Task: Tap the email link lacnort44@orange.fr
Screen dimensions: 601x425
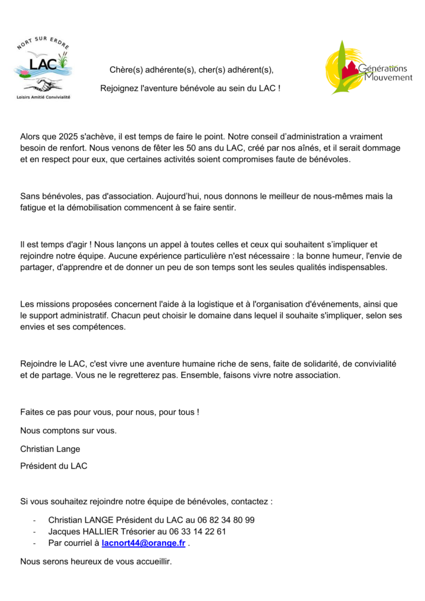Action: pyautogui.click(x=143, y=543)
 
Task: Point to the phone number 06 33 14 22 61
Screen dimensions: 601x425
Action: pyautogui.click(x=197, y=532)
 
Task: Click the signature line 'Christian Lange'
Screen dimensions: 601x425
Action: pyautogui.click(x=50, y=449)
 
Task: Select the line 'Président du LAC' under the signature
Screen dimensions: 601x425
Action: pyautogui.click(x=53, y=467)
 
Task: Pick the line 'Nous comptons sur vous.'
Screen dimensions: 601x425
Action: pyautogui.click(x=68, y=431)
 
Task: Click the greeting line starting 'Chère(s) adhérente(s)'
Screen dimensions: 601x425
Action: pyautogui.click(x=191, y=70)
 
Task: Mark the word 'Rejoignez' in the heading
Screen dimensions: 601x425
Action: pyautogui.click(x=118, y=88)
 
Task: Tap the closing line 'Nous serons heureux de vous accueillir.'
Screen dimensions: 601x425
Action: pyautogui.click(x=96, y=562)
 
